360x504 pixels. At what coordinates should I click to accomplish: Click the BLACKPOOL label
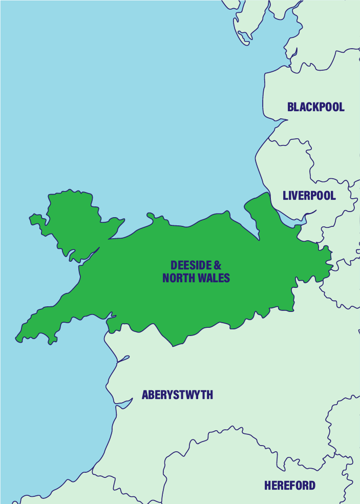pyautogui.click(x=315, y=107)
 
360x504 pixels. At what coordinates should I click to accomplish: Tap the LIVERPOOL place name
pyautogui.click(x=309, y=196)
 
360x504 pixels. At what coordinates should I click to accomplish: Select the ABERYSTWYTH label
pyautogui.click(x=177, y=395)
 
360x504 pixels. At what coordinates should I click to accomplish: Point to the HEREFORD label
pyautogui.click(x=290, y=485)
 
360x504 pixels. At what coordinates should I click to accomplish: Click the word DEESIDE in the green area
pyautogui.click(x=190, y=265)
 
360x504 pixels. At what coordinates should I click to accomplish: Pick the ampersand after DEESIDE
pyautogui.click(x=218, y=265)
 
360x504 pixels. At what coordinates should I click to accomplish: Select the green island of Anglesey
pyautogui.click(x=72, y=220)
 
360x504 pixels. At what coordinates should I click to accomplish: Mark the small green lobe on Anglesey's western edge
pyautogui.click(x=36, y=220)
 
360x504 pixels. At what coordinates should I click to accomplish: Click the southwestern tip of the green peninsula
pyautogui.click(x=18, y=339)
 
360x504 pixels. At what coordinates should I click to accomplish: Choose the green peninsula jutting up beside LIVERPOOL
pyautogui.click(x=261, y=210)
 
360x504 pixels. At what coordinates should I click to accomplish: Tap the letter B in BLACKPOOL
pyautogui.click(x=290, y=107)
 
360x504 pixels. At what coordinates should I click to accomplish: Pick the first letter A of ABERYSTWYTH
pyautogui.click(x=145, y=395)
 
